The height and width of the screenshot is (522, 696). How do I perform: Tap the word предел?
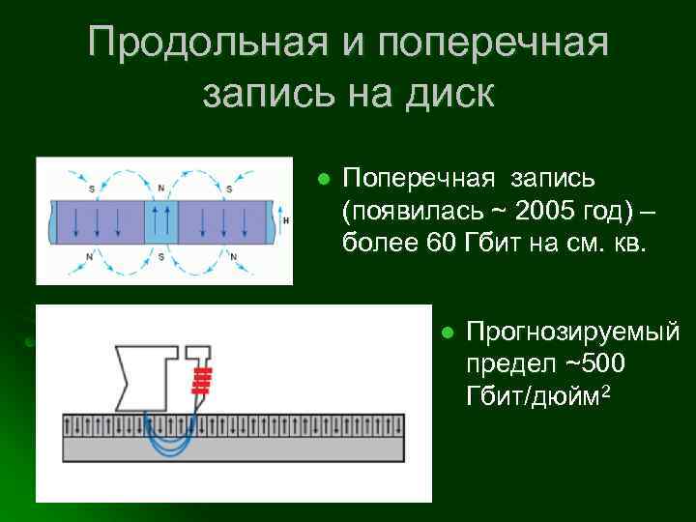tap(509, 364)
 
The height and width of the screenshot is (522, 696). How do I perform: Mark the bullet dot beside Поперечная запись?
tap(325, 180)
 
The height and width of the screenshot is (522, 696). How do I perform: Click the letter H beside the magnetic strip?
tap(286, 220)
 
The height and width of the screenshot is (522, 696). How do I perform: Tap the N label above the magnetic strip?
tap(160, 187)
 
